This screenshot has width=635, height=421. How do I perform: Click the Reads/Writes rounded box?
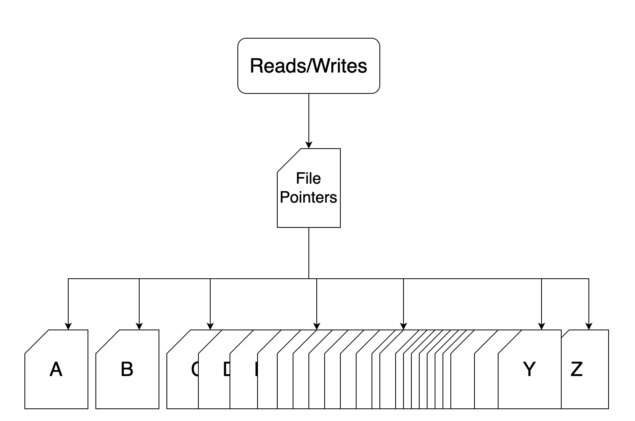click(x=308, y=66)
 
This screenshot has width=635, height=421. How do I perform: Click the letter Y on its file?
click(x=529, y=369)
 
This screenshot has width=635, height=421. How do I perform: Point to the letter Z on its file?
click(x=576, y=369)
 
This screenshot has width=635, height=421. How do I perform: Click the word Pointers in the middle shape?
click(x=308, y=197)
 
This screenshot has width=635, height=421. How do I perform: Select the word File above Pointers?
click(x=308, y=179)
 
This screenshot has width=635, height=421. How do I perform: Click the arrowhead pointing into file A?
click(x=68, y=326)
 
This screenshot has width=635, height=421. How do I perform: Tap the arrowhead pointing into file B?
click(x=139, y=326)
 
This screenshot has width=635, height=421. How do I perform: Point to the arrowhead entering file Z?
click(x=589, y=326)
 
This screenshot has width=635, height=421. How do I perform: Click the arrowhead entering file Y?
click(x=542, y=326)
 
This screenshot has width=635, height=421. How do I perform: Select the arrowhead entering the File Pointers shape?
click(x=309, y=145)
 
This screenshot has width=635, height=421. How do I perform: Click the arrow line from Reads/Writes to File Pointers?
click(x=309, y=118)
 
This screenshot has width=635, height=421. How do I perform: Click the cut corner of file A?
click(x=37, y=341)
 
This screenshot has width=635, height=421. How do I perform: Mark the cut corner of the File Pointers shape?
click(x=289, y=160)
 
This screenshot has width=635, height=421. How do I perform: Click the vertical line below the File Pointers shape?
click(x=309, y=252)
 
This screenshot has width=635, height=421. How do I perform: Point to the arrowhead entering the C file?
click(x=210, y=326)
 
